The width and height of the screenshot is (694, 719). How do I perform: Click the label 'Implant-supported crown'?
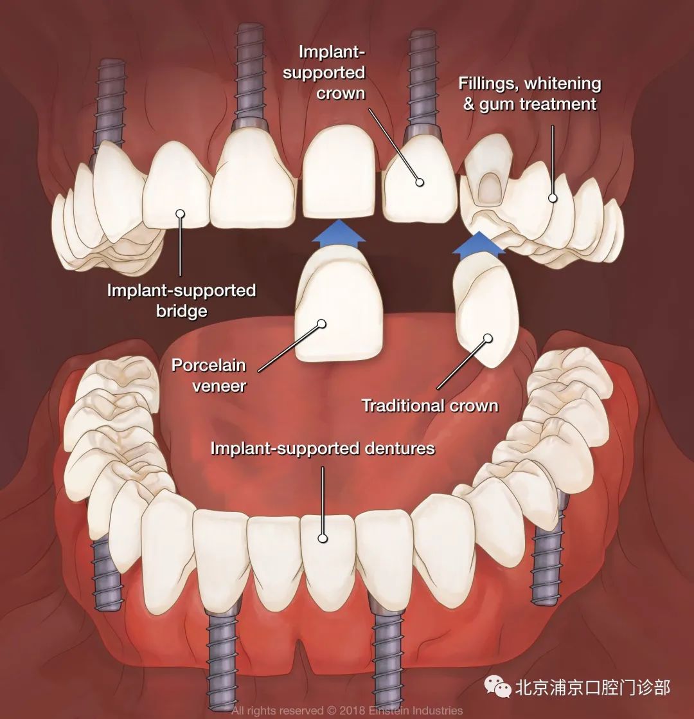point(325,72)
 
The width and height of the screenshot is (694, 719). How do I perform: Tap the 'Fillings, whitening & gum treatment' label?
point(529,93)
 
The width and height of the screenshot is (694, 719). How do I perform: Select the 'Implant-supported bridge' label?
point(181,300)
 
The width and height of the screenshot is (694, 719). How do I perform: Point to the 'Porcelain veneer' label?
point(209,375)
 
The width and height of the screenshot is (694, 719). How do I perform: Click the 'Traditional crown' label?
point(430,405)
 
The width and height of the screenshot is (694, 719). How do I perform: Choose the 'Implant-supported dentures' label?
point(323,448)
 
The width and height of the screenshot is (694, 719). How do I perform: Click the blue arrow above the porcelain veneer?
point(339,231)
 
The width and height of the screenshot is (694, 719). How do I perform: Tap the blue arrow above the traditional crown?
point(479,242)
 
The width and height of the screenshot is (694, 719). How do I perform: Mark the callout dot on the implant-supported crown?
point(419,182)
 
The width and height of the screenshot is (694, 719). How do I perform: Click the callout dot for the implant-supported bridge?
point(181,214)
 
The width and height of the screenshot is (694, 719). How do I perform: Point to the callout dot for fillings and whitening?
point(553,198)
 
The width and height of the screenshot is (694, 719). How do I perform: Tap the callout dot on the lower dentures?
point(323,538)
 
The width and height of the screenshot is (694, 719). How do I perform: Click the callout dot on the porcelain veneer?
point(321,323)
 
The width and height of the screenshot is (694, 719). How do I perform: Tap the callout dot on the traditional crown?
point(488,338)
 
